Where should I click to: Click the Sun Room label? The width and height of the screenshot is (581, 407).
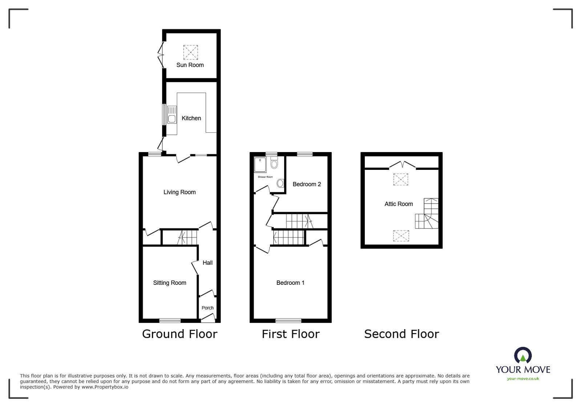click(x=190, y=65)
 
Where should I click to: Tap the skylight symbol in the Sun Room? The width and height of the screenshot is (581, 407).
click(x=190, y=52)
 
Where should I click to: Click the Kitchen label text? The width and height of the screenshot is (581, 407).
click(x=191, y=118)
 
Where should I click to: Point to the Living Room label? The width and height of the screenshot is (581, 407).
click(x=179, y=192)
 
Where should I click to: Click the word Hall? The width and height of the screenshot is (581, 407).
click(x=207, y=263)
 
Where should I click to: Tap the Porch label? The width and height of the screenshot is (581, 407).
click(x=207, y=308)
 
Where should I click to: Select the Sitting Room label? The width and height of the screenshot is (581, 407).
click(x=170, y=283)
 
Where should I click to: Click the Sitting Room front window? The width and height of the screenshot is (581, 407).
click(x=170, y=320)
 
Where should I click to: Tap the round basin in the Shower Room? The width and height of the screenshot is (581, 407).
click(x=281, y=183)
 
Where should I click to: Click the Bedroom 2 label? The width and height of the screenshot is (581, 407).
click(x=307, y=184)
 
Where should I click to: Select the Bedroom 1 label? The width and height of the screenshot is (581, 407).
click(x=290, y=283)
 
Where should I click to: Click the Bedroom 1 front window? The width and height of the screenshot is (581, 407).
click(x=288, y=320)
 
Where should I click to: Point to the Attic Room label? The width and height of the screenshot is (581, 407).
click(x=399, y=204)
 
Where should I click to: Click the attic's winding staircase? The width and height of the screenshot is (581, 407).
click(x=428, y=215)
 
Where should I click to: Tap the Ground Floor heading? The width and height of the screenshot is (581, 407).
click(x=179, y=334)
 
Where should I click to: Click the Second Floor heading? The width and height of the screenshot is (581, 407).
click(x=402, y=334)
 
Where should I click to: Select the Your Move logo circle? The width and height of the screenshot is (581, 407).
click(x=523, y=355)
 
